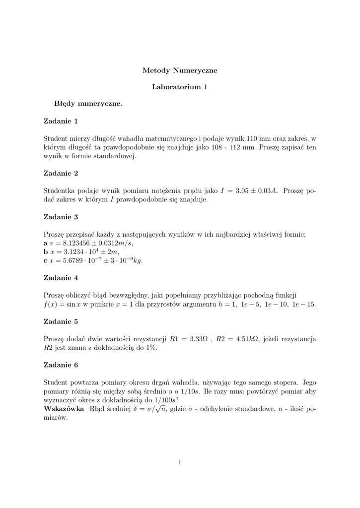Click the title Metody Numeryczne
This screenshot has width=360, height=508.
click(180, 70)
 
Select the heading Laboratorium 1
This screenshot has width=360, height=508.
click(180, 87)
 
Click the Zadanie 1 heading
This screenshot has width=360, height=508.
click(61, 121)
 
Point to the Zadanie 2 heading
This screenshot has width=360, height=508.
click(61, 173)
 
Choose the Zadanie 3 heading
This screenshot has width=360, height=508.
click(61, 217)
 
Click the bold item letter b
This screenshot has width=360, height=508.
click(46, 252)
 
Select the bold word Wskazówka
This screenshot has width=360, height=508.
click(64, 409)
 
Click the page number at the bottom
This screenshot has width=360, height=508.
click(180, 462)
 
